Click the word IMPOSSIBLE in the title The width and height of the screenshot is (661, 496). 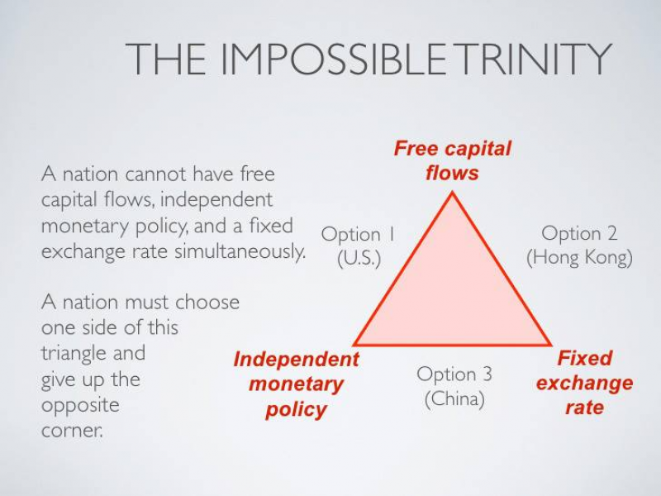coord(333,59)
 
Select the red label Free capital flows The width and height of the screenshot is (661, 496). coord(452,160)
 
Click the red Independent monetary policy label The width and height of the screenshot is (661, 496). coord(296,384)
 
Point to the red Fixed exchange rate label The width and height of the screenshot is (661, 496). coord(584,383)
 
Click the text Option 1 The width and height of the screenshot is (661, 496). coord(358,234)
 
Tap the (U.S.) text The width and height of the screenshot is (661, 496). coord(359,258)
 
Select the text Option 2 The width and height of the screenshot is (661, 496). coord(579,233)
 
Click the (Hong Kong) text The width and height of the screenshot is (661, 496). coord(580,258)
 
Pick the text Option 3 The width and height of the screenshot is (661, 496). coord(454,374)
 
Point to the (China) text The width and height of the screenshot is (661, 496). coord(454,398)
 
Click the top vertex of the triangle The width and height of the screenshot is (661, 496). coord(452,193)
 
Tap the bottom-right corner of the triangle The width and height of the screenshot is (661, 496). coord(550,345)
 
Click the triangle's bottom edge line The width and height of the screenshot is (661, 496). coord(452,345)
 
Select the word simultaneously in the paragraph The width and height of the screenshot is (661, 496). coord(240,252)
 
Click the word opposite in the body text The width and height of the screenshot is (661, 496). coord(80,405)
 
